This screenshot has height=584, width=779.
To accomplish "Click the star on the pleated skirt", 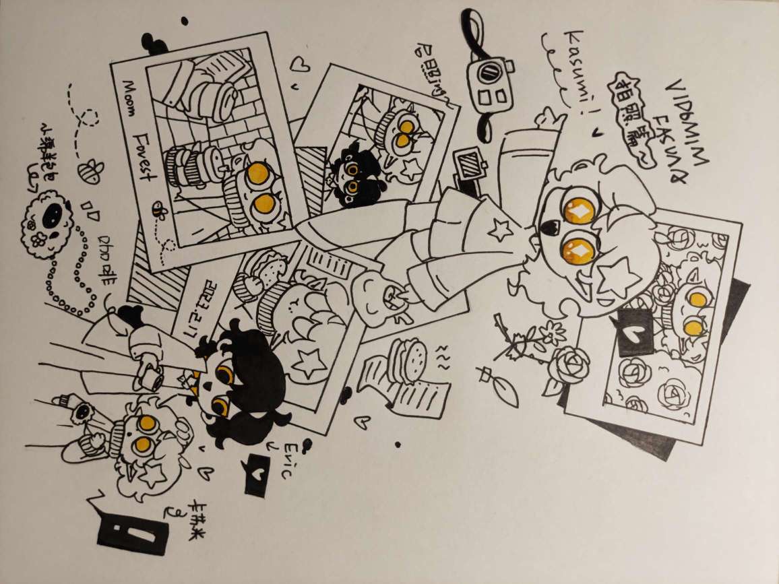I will click(x=501, y=230).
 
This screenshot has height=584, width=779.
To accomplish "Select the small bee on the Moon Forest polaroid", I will click(x=159, y=210).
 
